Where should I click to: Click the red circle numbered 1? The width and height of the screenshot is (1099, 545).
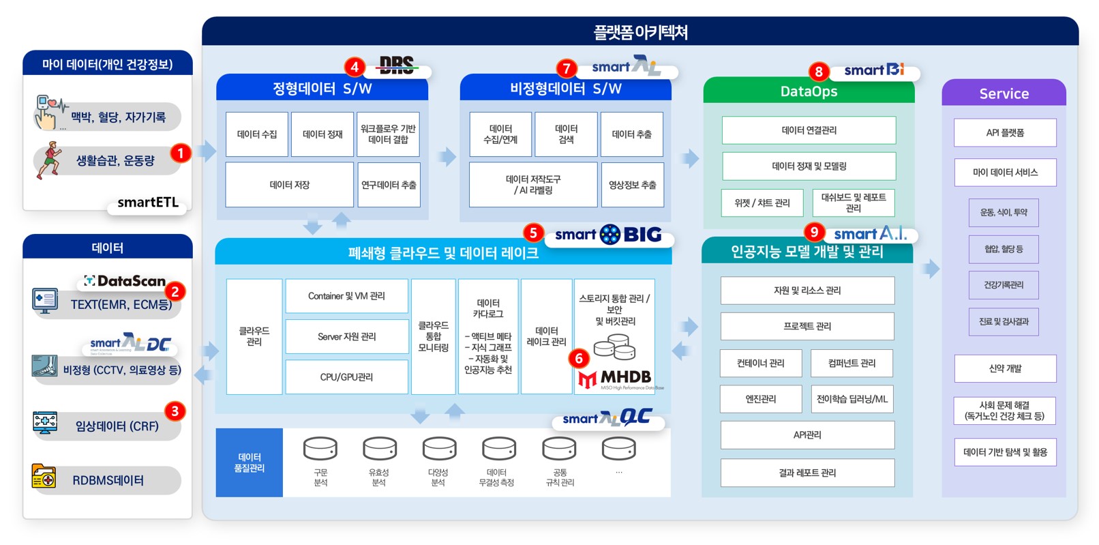[x=180, y=153]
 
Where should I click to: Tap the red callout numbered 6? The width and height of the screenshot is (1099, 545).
[x=579, y=358]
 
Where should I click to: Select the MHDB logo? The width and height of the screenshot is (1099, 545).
[x=616, y=379]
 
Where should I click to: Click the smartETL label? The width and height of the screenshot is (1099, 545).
[x=148, y=203]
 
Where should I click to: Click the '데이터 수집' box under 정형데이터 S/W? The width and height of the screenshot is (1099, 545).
[x=257, y=134]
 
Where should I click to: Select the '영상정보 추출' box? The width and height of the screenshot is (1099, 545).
[x=632, y=185]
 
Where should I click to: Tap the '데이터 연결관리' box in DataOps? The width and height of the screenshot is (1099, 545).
[x=809, y=130]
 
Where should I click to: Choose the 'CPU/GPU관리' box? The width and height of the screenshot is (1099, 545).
[x=346, y=377]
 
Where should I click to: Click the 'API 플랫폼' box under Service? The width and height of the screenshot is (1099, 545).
[x=1005, y=133]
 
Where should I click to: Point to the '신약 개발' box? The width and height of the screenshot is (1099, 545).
[x=1005, y=368]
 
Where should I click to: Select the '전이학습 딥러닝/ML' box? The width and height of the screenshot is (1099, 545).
[x=852, y=399]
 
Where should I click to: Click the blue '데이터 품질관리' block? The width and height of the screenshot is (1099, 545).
[x=250, y=462]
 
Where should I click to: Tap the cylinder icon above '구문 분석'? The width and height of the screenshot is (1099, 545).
[x=320, y=449]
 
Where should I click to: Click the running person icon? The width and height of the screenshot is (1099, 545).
[x=49, y=160]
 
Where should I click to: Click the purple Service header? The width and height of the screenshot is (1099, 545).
[x=1004, y=93]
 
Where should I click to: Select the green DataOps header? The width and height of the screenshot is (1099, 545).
[x=809, y=91]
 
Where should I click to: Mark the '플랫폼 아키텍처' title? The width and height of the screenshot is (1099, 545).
[x=640, y=32]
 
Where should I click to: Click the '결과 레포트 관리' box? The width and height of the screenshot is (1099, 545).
[x=807, y=473]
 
